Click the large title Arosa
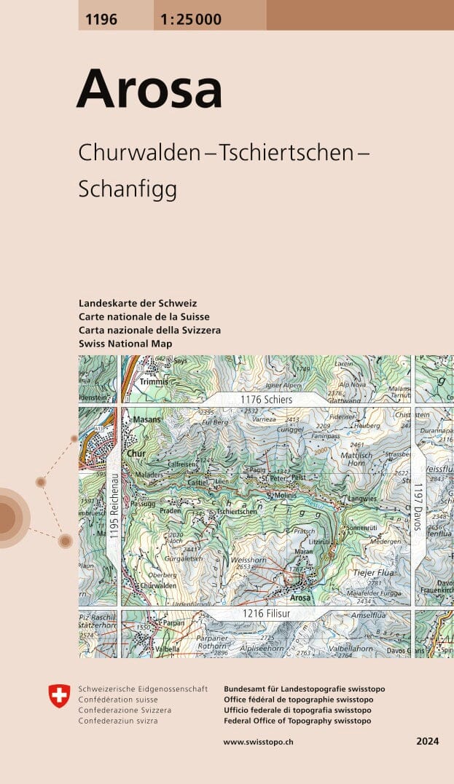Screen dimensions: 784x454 pyautogui.click(x=149, y=89)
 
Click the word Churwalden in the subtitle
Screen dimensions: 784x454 pyautogui.click(x=138, y=154)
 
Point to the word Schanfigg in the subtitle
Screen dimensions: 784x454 pyautogui.click(x=128, y=189)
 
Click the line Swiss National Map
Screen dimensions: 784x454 pyautogui.click(x=125, y=344)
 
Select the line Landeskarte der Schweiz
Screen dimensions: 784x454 pyautogui.click(x=138, y=303)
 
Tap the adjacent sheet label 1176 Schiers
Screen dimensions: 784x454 pyautogui.click(x=267, y=400)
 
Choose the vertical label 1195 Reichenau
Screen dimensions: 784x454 pyautogui.click(x=114, y=507)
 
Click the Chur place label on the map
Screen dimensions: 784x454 pyautogui.click(x=136, y=454)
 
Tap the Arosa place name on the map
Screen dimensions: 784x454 pyautogui.click(x=300, y=598)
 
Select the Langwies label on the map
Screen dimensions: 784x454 pyautogui.click(x=362, y=499)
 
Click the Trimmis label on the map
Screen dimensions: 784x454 pyautogui.click(x=155, y=381)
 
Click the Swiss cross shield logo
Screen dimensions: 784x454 pyautogui.click(x=58, y=696)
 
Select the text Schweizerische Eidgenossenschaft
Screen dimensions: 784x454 pyautogui.click(x=143, y=689)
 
